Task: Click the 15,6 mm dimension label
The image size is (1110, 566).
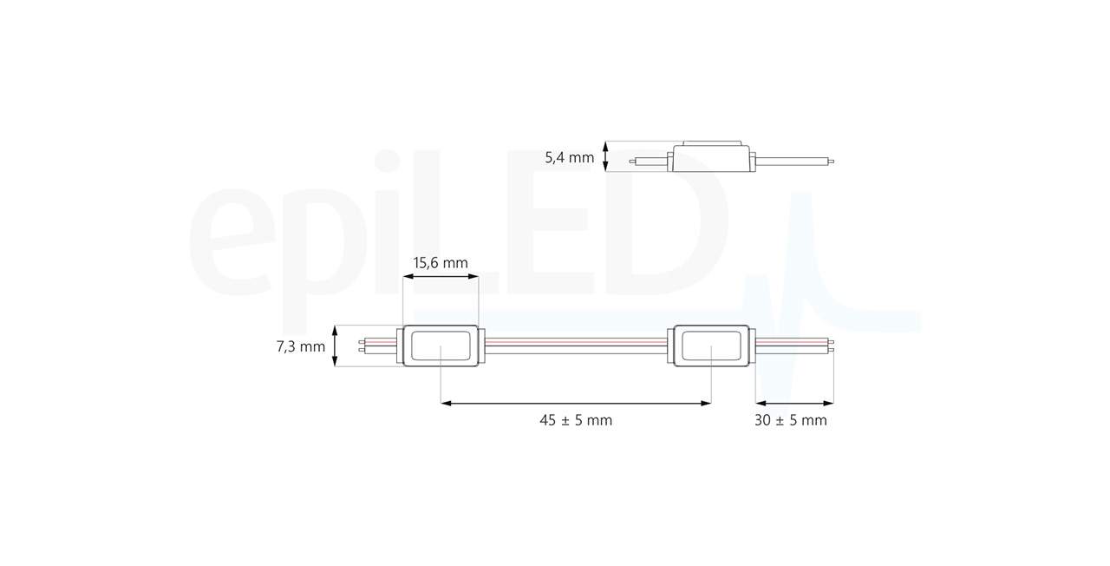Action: [x=441, y=263]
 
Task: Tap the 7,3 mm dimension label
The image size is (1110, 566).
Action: [x=301, y=346]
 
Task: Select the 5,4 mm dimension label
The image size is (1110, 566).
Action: [x=570, y=158]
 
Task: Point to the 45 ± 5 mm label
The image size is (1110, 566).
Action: [x=576, y=421]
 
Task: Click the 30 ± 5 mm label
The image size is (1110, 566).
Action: [x=790, y=421]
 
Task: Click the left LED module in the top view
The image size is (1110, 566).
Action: [x=441, y=346]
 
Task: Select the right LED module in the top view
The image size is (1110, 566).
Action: [x=711, y=346]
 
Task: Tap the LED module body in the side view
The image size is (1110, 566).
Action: [x=711, y=157]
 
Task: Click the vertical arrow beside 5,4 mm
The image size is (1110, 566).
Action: [x=605, y=156]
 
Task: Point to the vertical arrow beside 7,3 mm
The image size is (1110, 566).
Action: [x=335, y=346]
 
